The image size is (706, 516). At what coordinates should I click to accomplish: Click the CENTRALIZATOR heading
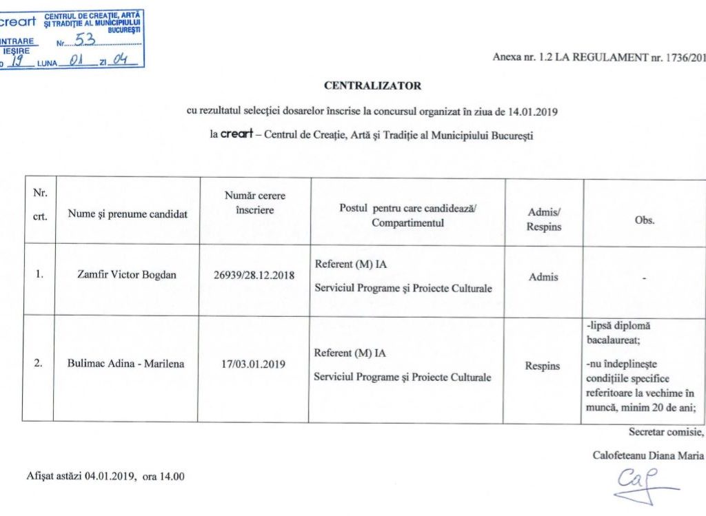372,86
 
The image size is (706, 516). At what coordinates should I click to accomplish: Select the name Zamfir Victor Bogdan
127,275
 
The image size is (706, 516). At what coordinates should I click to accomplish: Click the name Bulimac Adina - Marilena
126,363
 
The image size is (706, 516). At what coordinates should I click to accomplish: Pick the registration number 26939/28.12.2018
254,276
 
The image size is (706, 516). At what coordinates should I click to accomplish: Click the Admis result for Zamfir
543,277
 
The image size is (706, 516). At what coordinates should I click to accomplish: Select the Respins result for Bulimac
543,366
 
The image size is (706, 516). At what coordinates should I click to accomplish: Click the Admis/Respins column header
544,220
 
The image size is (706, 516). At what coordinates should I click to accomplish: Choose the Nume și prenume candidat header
128,214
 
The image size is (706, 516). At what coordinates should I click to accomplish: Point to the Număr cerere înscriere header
255,203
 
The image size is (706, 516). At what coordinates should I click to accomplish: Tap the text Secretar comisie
666,432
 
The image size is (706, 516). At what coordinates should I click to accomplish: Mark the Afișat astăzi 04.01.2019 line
105,476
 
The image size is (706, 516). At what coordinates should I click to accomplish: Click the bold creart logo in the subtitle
238,135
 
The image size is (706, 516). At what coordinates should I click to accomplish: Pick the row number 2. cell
39,364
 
